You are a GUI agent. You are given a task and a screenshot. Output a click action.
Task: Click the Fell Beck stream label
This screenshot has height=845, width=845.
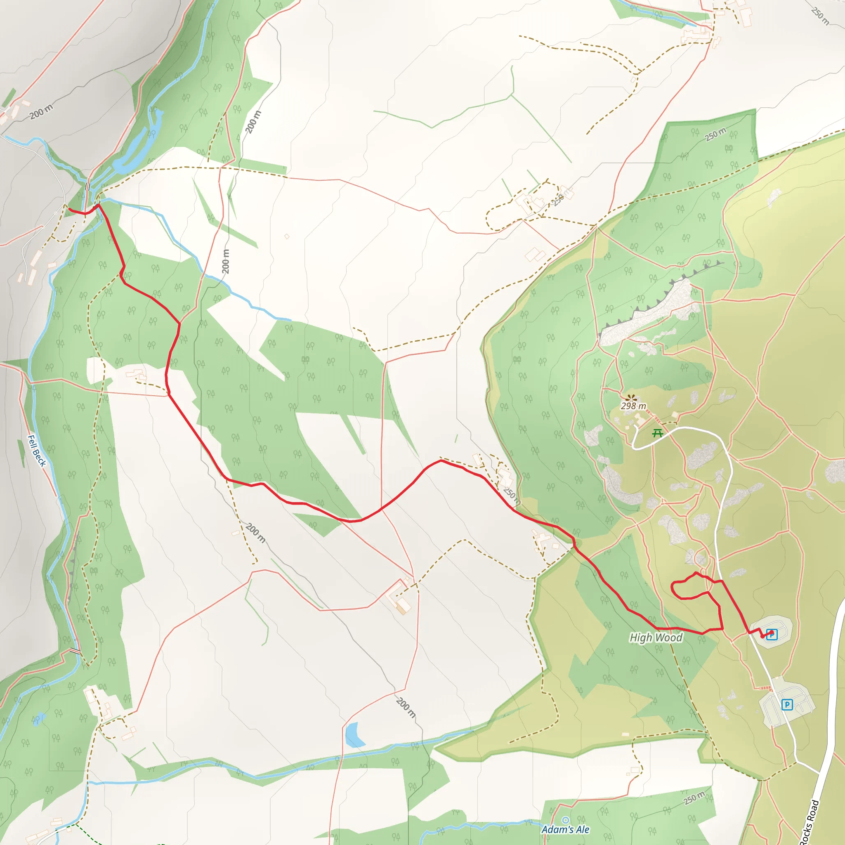(x=37, y=451)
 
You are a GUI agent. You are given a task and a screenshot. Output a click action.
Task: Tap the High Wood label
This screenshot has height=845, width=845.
(x=656, y=638)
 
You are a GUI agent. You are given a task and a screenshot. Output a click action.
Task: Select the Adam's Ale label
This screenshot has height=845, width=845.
(x=566, y=829)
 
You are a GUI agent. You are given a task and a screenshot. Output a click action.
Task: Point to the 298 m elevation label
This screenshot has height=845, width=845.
(x=633, y=406)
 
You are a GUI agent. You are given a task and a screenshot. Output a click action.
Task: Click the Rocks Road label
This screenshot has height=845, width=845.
(x=809, y=822)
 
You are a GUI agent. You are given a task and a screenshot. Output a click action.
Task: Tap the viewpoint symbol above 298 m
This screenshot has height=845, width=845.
(x=630, y=398)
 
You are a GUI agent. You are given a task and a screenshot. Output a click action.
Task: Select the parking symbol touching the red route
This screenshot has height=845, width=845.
(x=772, y=634)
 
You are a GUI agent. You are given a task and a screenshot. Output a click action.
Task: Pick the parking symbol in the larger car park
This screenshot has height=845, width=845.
(x=787, y=704)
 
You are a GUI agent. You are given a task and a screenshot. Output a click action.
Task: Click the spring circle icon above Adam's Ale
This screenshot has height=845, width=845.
(x=566, y=820)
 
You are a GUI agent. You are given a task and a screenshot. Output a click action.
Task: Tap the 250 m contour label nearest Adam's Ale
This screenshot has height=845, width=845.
(x=694, y=798)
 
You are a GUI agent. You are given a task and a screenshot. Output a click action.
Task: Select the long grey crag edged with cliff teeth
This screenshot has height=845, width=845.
(x=647, y=313)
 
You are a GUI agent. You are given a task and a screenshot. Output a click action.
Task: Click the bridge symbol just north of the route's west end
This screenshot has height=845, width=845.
(x=88, y=187)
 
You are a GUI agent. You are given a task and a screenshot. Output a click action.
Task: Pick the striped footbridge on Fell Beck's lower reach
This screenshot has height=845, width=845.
(x=75, y=651)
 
